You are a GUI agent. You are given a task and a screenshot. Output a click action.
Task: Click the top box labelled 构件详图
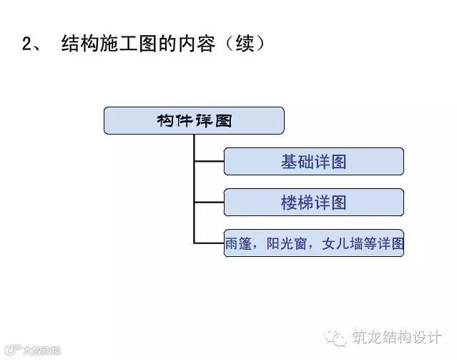194,120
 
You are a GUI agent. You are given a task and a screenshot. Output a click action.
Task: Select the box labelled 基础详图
313,161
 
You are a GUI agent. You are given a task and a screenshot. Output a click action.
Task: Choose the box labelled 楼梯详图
313,203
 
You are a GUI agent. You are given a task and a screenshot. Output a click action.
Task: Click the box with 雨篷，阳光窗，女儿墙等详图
313,243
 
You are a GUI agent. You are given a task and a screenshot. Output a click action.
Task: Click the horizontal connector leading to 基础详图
209,161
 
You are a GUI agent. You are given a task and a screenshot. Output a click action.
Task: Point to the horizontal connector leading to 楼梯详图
209,203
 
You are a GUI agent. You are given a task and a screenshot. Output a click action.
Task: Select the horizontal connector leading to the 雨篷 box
209,243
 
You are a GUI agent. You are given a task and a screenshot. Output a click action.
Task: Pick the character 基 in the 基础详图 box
289,161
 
